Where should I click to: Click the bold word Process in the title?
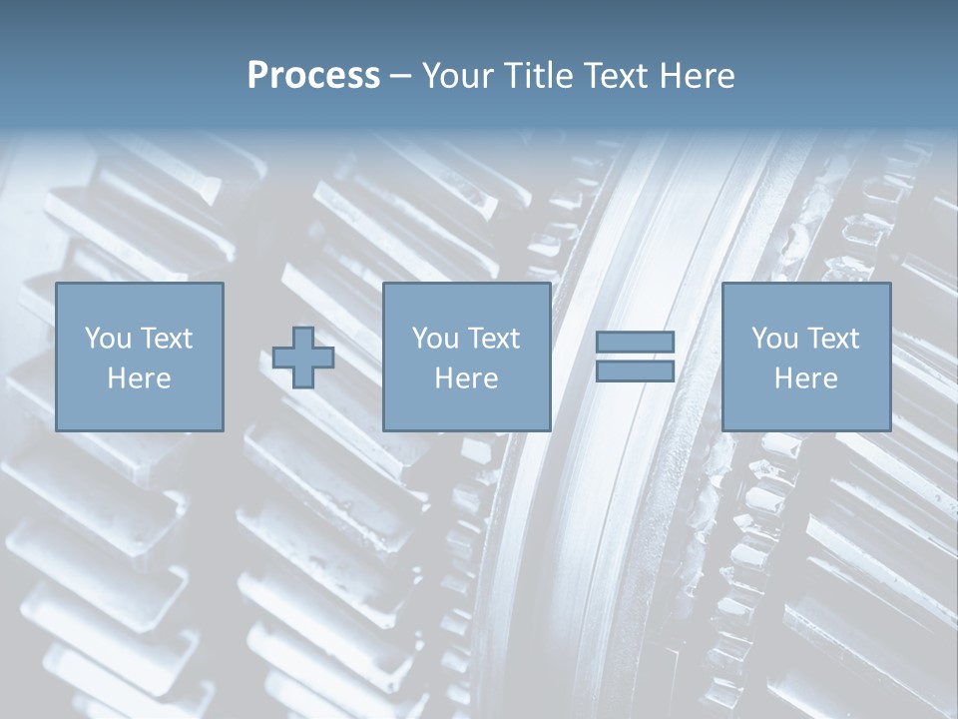(313, 76)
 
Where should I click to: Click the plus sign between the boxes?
(303, 358)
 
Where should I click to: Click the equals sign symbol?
(636, 357)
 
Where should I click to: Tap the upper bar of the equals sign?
(636, 343)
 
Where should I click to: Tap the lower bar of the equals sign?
(636, 370)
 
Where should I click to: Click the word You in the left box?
(108, 339)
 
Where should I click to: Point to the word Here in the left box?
(139, 378)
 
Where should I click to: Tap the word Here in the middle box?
(467, 378)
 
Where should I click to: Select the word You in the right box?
(774, 339)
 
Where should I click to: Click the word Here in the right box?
(806, 378)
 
